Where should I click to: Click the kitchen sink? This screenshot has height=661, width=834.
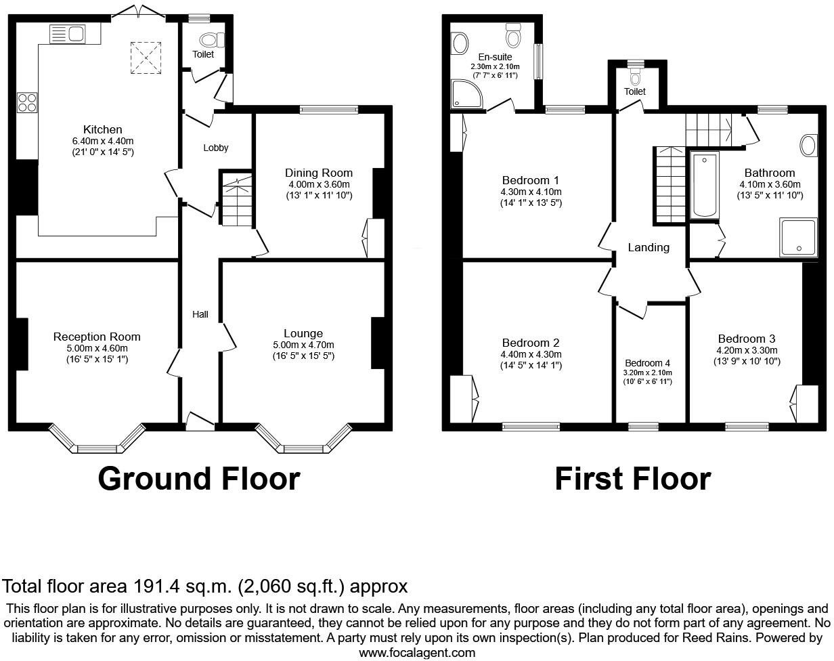68,34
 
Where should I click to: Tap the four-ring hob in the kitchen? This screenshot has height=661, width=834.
27,103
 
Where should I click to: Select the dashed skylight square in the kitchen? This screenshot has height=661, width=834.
146,58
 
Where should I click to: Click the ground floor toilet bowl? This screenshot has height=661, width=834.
212,40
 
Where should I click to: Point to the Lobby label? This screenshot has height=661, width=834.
216,148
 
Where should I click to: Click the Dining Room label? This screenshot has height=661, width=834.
319,173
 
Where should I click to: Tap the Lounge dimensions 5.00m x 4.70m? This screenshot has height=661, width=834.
303,345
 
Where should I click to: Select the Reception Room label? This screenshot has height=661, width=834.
97,337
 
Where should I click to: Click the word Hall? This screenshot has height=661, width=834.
200,314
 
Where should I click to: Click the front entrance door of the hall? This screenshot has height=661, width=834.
200,422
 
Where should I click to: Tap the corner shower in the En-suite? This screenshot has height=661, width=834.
466,94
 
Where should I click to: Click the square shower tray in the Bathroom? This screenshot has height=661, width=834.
798,237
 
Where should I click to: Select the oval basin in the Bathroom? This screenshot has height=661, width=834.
809,146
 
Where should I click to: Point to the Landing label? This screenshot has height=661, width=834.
649,247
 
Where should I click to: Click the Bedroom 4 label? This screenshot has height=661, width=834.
647,363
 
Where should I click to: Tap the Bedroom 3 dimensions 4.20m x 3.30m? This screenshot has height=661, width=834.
747,350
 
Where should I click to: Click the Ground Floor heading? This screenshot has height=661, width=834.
199,479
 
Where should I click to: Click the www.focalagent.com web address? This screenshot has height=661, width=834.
417,653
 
